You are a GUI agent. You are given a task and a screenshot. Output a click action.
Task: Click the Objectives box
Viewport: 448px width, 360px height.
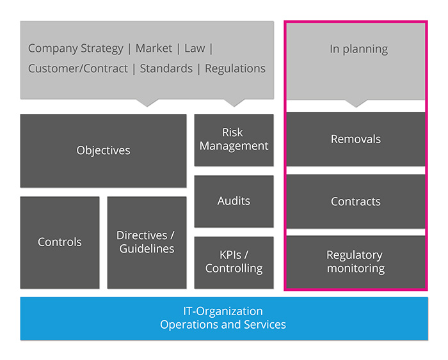[103, 151]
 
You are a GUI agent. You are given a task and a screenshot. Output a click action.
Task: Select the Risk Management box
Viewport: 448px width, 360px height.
[234, 139]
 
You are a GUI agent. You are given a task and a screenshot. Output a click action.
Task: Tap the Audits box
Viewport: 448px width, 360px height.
[234, 201]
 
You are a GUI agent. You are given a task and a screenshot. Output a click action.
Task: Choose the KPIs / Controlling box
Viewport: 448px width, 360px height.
[234, 262]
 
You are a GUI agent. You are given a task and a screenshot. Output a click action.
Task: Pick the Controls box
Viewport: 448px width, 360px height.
[60, 242]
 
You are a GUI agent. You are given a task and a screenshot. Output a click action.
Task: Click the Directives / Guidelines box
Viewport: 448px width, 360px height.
[147, 242]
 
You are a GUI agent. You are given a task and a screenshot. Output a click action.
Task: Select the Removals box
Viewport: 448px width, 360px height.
[355, 139]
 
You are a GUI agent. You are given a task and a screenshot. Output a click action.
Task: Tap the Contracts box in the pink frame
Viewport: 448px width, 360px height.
[355, 201]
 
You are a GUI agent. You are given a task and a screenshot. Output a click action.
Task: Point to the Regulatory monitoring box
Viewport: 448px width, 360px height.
[355, 262]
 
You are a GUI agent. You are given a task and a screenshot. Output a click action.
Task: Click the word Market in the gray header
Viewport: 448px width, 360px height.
[154, 49]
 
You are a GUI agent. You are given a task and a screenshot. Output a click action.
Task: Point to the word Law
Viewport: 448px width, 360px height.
[195, 49]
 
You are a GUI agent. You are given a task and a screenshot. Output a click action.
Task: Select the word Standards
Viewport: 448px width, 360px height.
[166, 68]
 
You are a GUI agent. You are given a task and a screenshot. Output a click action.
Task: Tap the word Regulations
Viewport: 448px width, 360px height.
[236, 68]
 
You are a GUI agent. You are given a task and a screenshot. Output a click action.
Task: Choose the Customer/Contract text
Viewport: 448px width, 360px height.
[78, 68]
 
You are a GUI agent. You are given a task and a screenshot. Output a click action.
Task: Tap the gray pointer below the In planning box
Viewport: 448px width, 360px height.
[356, 102]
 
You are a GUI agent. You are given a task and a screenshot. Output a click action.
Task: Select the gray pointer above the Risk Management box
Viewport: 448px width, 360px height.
[234, 102]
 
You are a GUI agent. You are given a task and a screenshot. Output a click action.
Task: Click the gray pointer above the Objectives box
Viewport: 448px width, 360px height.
[147, 102]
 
